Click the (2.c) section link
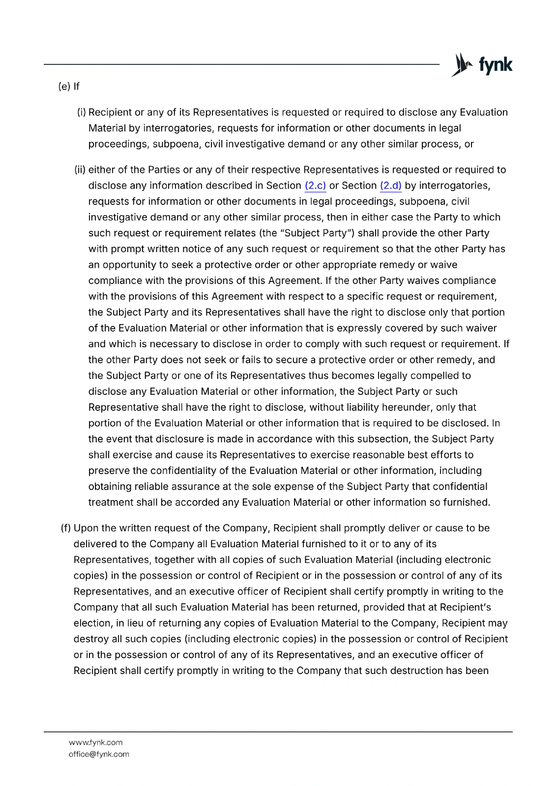(x=315, y=186)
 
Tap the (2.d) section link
(x=391, y=186)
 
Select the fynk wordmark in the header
(x=495, y=65)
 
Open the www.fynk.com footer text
(x=95, y=742)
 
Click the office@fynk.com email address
(x=99, y=754)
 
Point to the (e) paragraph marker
(x=63, y=86)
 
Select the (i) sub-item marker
(x=82, y=112)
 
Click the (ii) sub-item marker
(x=80, y=170)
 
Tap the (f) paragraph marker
(x=65, y=528)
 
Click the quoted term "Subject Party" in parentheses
(x=317, y=233)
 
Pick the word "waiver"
(x=481, y=328)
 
